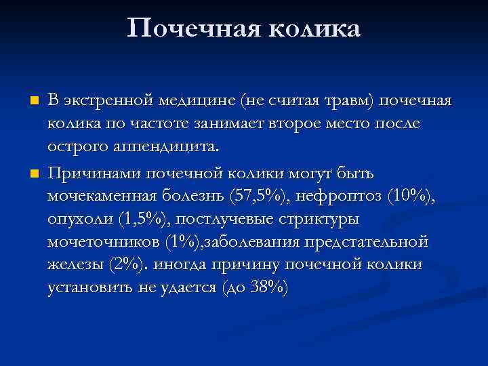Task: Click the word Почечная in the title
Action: [x=192, y=29]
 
